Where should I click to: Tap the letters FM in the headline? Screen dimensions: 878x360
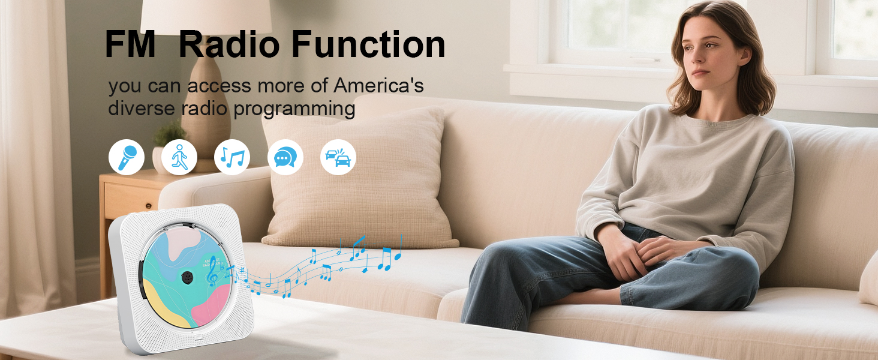pyautogui.click(x=131, y=44)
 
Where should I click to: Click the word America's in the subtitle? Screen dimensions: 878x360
pyautogui.click(x=378, y=85)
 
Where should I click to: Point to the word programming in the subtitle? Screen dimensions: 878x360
pyautogui.click(x=294, y=109)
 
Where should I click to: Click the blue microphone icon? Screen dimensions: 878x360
pyautogui.click(x=127, y=157)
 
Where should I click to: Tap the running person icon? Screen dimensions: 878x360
pyautogui.click(x=179, y=157)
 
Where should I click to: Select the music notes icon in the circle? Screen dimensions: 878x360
pyautogui.click(x=232, y=157)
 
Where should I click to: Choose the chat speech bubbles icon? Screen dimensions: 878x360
pyautogui.click(x=285, y=157)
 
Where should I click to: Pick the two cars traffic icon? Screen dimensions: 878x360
pyautogui.click(x=338, y=157)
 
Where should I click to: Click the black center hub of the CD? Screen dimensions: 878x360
pyautogui.click(x=188, y=277)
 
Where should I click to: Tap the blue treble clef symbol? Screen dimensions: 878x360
pyautogui.click(x=212, y=271)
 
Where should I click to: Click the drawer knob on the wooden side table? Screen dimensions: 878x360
pyautogui.click(x=148, y=205)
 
